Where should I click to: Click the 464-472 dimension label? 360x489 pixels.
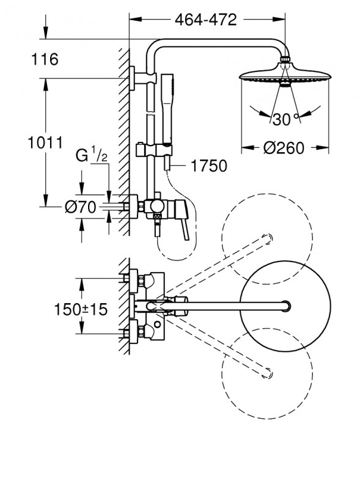pyautogui.click(x=205, y=20)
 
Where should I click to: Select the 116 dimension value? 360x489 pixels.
pyautogui.click(x=45, y=59)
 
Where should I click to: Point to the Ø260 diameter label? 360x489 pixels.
pyautogui.click(x=284, y=148)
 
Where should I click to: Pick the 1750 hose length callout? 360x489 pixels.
pyautogui.click(x=209, y=166)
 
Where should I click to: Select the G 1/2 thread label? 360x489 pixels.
pyautogui.click(x=92, y=156)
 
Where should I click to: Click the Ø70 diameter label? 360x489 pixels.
pyautogui.click(x=81, y=207)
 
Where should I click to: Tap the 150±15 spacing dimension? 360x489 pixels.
pyautogui.click(x=81, y=309)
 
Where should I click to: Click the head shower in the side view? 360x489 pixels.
pyautogui.click(x=285, y=75)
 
